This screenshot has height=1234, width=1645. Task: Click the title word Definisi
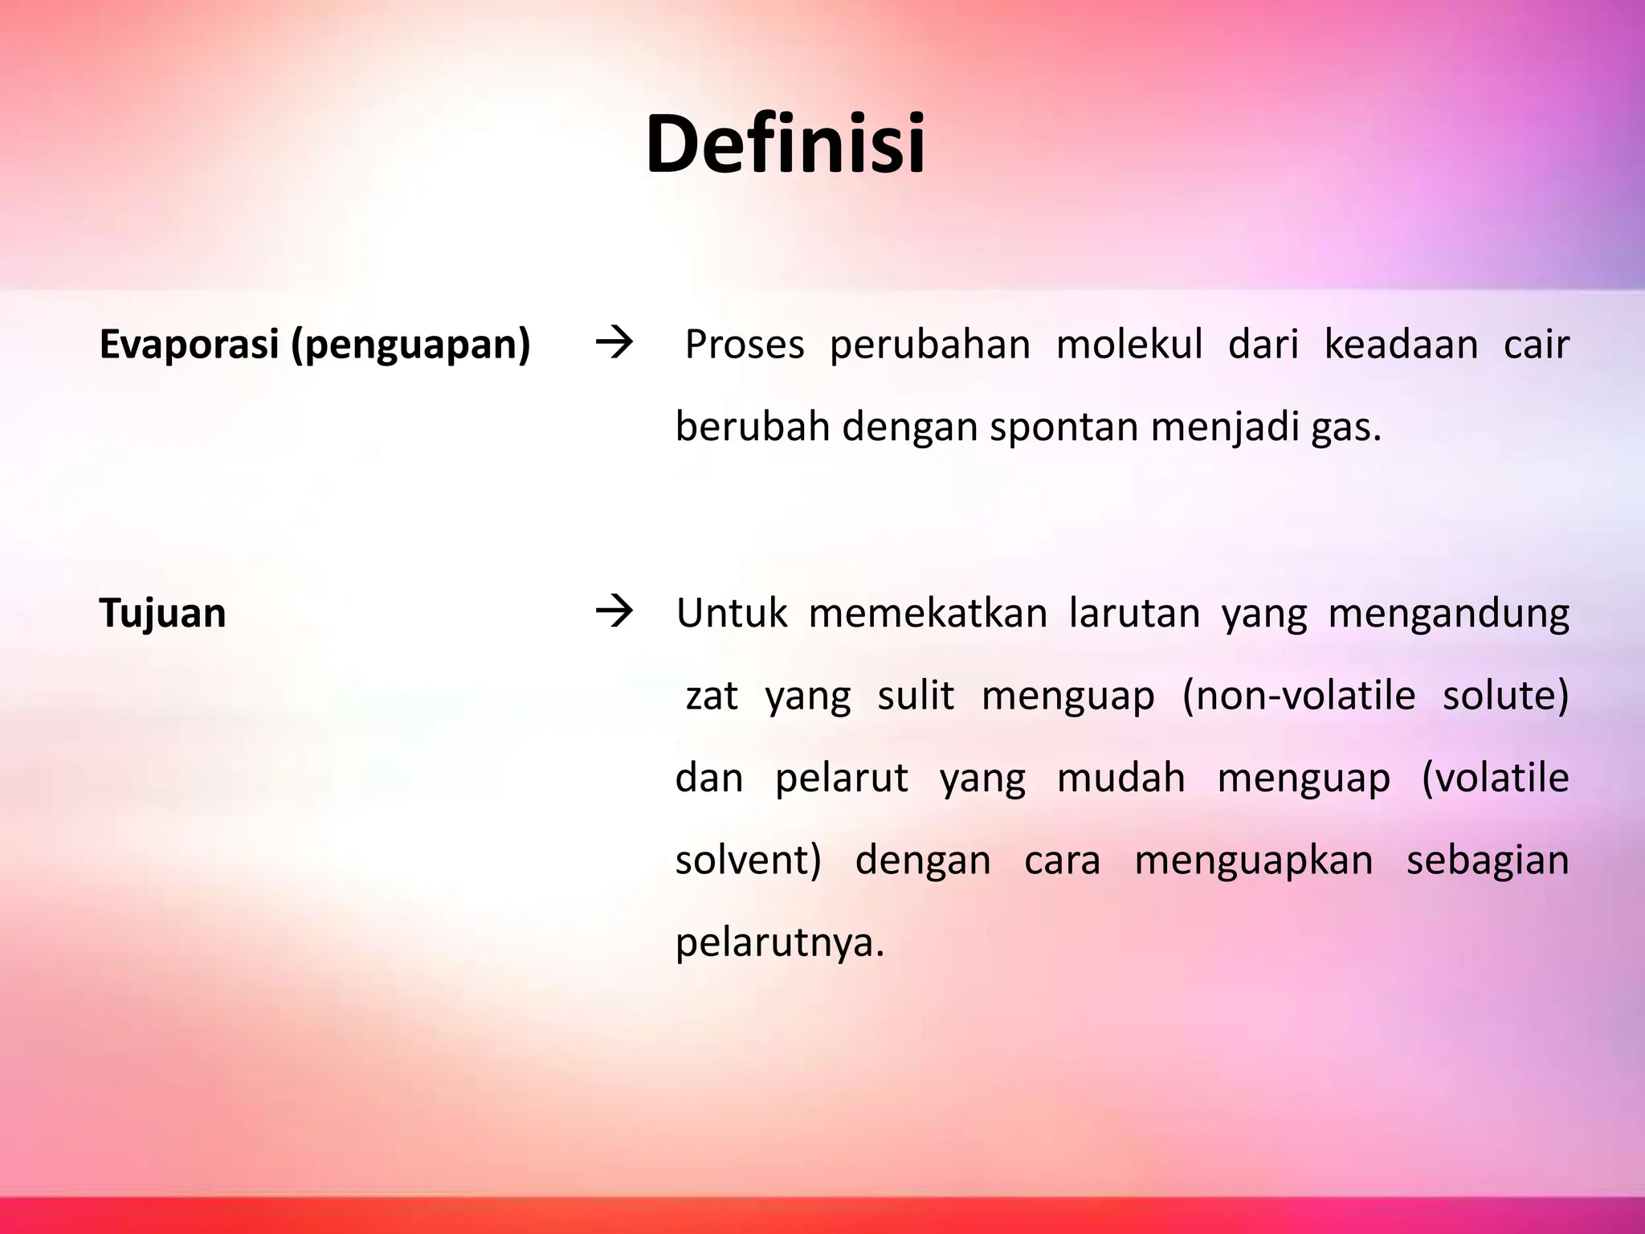(785, 145)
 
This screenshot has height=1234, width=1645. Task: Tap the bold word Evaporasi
(189, 344)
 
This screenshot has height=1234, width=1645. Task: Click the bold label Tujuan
(162, 614)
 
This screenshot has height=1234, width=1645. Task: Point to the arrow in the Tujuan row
(614, 613)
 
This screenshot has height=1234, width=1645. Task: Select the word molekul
(1129, 345)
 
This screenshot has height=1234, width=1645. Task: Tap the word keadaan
(1401, 345)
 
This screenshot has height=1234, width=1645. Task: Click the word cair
(1536, 345)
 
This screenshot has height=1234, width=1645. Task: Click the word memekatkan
(928, 613)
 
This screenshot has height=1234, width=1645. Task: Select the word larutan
(1134, 613)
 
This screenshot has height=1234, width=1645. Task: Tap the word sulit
(915, 695)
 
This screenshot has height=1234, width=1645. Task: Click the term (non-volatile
(1298, 696)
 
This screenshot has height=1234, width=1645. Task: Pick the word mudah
(1120, 778)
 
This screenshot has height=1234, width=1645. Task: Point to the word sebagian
(1488, 860)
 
